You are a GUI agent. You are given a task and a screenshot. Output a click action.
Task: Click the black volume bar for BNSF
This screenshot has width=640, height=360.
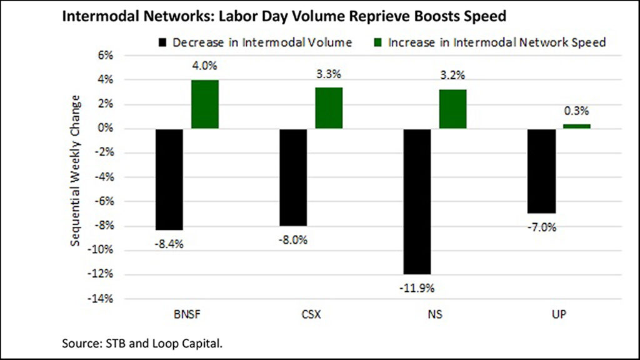point(169,179)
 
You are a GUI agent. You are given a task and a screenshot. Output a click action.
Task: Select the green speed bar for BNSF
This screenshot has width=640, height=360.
point(205,104)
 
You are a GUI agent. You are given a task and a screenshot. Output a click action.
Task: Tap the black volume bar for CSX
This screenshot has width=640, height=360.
point(293,177)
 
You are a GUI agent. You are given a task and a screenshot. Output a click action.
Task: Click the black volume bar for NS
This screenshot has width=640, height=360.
point(417,201)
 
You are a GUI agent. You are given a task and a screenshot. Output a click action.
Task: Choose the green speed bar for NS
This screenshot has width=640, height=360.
point(452,109)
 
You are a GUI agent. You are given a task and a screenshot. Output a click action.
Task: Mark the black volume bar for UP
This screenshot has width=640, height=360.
point(541,171)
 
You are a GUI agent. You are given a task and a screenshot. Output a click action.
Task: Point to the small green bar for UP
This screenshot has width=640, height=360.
point(577,126)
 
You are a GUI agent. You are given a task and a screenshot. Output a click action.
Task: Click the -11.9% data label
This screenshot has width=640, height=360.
point(417,288)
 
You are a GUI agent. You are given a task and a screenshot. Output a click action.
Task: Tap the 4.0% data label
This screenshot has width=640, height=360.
point(205,66)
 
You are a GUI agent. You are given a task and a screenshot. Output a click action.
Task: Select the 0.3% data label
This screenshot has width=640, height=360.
point(577,111)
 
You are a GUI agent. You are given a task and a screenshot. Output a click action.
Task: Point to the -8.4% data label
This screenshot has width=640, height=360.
point(169,244)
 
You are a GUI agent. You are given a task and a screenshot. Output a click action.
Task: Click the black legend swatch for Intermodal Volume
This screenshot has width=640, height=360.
point(163,42)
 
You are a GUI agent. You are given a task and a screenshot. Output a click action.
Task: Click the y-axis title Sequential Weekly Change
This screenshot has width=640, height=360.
point(76,170)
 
